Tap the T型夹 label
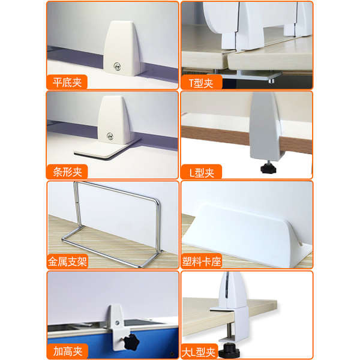pos(201,83)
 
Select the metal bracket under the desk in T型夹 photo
pos(258,75)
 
